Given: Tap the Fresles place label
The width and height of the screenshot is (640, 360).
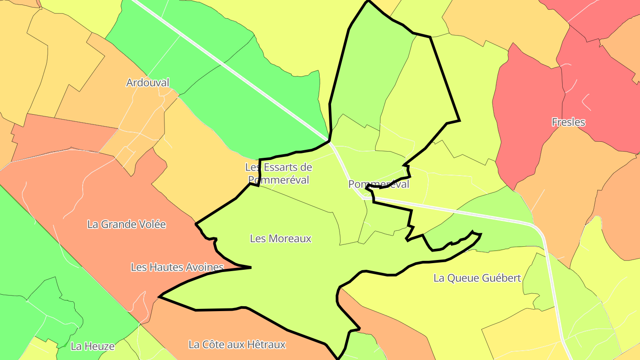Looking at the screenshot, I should [568, 122].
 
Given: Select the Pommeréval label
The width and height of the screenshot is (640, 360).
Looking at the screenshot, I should [379, 184].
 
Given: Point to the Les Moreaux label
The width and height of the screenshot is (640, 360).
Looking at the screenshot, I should [280, 239].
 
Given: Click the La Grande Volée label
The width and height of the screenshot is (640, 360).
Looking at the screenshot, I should [126, 224].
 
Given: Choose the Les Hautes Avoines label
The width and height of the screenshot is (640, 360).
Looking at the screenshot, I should [177, 267].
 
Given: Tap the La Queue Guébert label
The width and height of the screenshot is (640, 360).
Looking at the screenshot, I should [477, 278].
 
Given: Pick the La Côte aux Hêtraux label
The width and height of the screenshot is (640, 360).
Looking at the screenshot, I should [237, 344].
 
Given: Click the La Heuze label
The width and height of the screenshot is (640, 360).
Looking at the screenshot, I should [92, 346].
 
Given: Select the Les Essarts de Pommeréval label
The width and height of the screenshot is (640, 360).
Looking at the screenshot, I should [279, 173].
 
